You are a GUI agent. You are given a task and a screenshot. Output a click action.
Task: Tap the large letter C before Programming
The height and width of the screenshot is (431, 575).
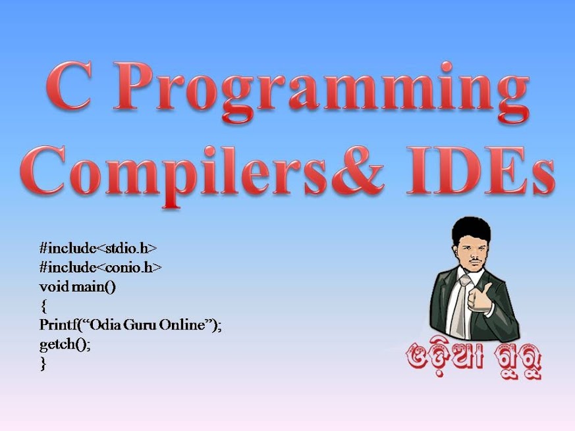[68, 86]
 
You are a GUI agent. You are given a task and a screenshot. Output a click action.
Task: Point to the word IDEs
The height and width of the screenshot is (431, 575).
[481, 171]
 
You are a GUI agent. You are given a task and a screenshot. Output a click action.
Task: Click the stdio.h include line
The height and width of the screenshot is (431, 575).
[98, 249]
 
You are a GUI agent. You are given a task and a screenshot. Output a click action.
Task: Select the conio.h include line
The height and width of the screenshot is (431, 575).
[100, 268]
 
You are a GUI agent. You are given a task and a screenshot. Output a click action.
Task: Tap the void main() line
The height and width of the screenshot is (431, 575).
[77, 287]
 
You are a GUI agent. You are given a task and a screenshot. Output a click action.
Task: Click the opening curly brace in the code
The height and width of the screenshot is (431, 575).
[43, 306]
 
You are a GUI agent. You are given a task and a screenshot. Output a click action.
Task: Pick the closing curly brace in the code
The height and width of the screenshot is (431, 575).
[43, 363]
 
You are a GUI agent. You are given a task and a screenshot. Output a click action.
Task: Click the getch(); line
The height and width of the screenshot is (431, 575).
[65, 345]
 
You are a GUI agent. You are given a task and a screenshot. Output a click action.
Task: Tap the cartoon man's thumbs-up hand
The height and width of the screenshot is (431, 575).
[480, 299]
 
